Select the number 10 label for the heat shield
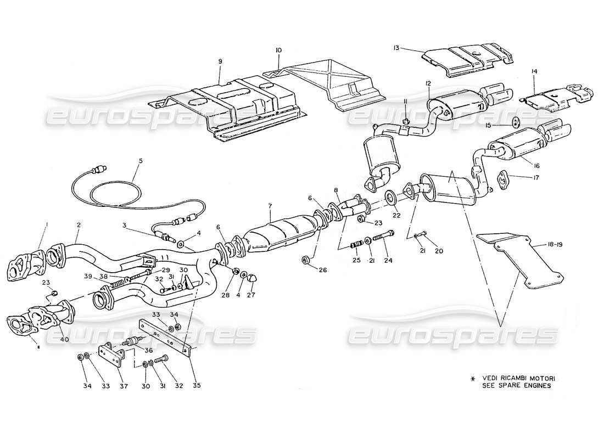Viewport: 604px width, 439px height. click(278, 50)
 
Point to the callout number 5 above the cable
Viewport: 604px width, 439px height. click(140, 161)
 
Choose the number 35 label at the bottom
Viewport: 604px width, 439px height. click(197, 385)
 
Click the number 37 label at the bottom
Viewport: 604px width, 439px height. click(125, 385)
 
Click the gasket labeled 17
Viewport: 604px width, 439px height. click(501, 177)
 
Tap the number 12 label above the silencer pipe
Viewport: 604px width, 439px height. click(428, 83)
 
